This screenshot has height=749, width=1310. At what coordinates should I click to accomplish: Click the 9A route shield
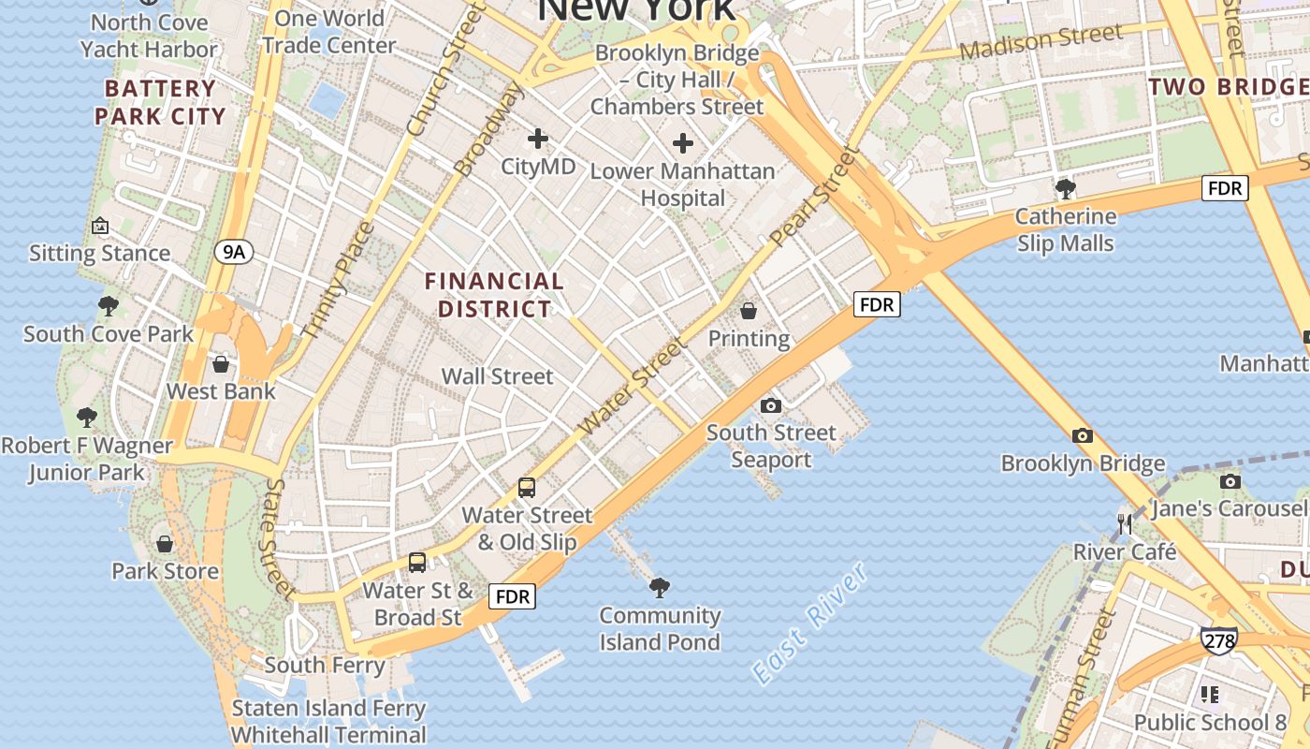[234, 251]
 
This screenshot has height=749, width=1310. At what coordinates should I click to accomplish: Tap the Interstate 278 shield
[1218, 640]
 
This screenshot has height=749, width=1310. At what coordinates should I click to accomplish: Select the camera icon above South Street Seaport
[771, 405]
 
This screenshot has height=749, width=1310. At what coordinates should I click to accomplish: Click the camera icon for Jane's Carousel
[1230, 481]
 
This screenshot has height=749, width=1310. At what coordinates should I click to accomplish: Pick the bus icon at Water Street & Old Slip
[527, 488]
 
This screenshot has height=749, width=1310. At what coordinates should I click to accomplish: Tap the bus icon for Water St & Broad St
[417, 563]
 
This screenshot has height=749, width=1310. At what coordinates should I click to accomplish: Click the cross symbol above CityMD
[538, 140]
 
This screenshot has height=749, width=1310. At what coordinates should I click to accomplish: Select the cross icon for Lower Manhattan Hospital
[683, 143]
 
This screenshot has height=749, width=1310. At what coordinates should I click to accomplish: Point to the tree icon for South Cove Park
[109, 306]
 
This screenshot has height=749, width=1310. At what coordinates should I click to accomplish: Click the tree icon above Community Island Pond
[660, 588]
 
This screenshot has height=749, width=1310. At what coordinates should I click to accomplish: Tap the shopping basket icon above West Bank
[222, 363]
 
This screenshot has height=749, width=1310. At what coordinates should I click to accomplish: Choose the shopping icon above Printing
[749, 311]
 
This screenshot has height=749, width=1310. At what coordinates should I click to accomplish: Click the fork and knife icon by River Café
[1125, 524]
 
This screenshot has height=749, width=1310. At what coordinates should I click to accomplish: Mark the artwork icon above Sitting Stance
[100, 226]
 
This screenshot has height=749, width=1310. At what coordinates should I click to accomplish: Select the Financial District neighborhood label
[494, 294]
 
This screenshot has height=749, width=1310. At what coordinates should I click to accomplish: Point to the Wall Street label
[498, 376]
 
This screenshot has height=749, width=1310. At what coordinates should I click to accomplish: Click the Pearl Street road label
[813, 198]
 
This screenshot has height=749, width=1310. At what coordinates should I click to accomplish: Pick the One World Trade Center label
[329, 31]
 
